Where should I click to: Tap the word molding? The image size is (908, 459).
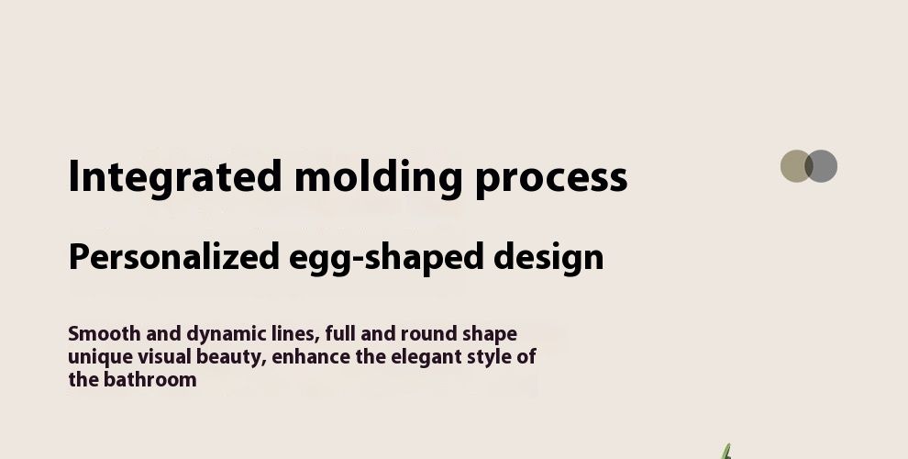click(378, 178)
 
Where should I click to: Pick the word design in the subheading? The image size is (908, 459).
click(548, 257)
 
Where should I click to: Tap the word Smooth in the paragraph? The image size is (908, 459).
click(105, 334)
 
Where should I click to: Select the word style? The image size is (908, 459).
click(488, 358)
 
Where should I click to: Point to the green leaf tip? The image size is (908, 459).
click(728, 445)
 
